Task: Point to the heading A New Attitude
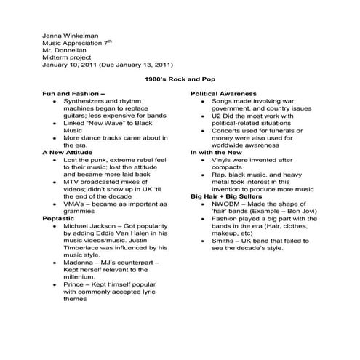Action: coord(68,151)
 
